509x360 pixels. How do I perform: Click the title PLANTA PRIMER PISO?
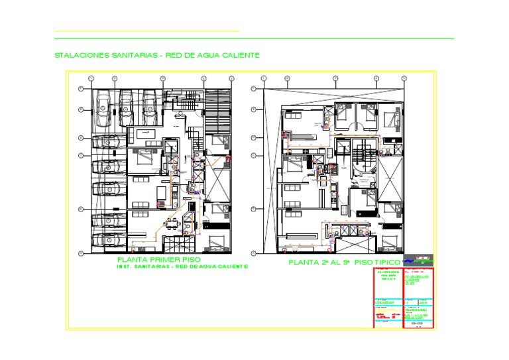pos(158,259)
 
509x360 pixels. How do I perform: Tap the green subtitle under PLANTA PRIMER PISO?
pos(182,267)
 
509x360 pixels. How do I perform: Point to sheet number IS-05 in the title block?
pos(417,322)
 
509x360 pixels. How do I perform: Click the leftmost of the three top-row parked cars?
pos(104,107)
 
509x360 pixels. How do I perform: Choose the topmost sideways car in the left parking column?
pos(109,141)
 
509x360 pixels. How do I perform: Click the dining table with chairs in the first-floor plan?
pos(173,223)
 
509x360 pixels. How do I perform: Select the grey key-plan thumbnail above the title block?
pos(420,257)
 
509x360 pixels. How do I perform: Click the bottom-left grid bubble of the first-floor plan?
pos(80,253)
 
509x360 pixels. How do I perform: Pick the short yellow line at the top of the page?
pos(146,31)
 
